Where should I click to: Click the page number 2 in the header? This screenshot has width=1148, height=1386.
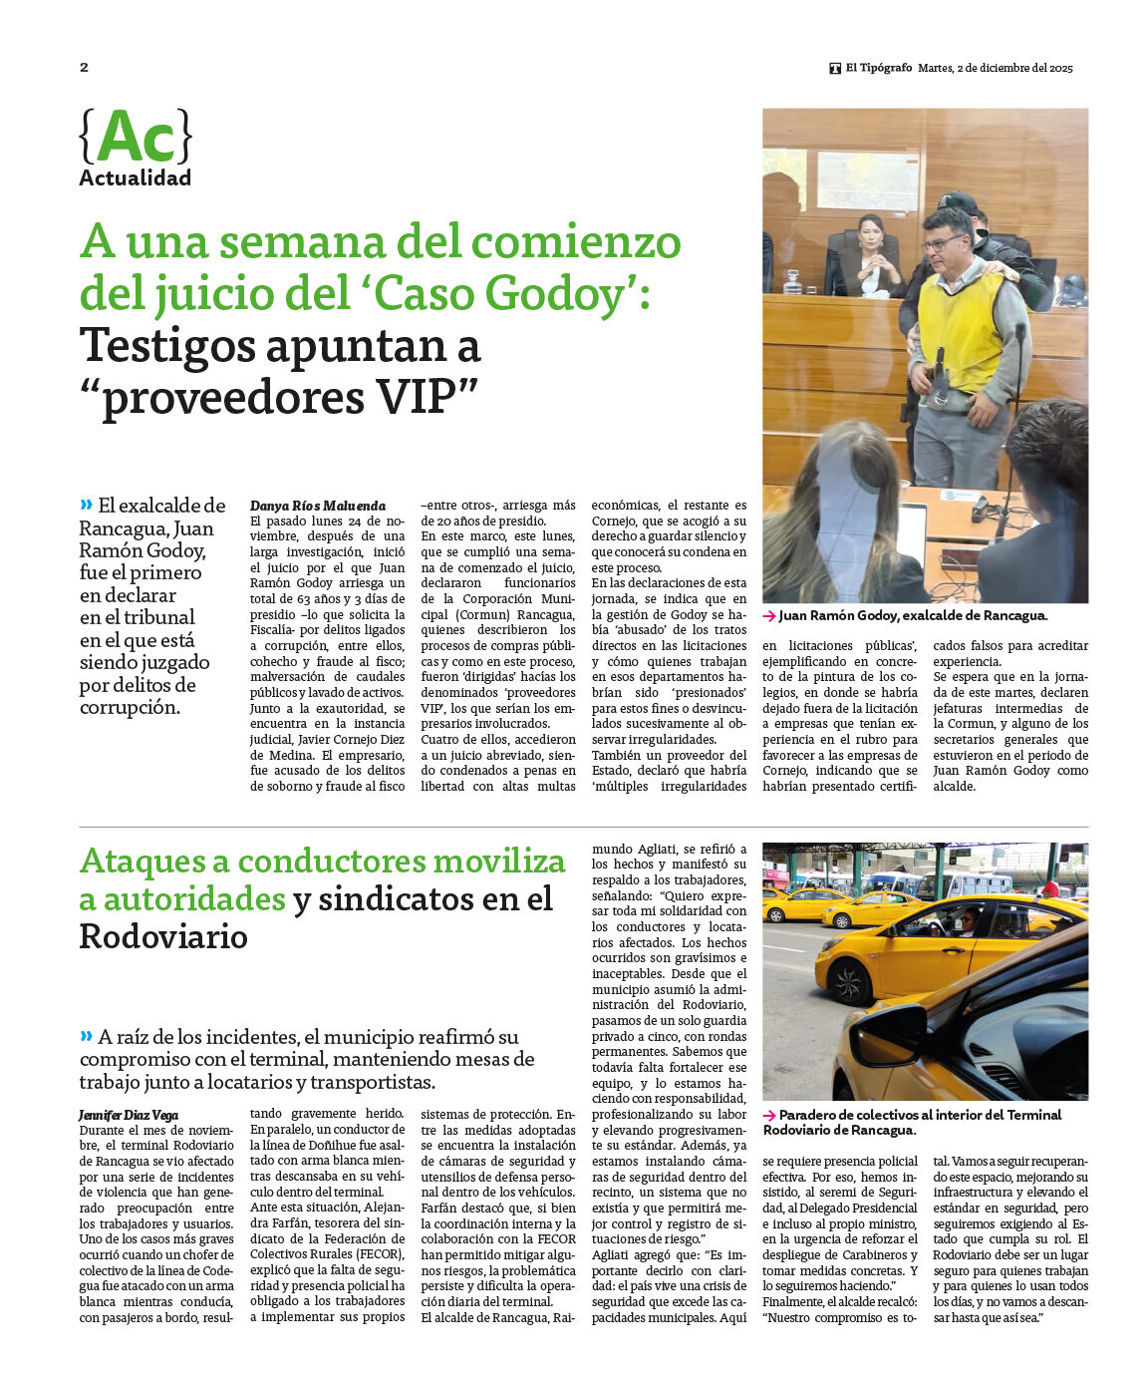pos(84,68)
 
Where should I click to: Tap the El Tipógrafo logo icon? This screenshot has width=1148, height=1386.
pos(835,69)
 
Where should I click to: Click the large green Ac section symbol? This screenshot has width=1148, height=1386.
pos(136,137)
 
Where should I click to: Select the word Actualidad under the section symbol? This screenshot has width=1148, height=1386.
pos(135,178)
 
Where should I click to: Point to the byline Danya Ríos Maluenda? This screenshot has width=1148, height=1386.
pos(317,506)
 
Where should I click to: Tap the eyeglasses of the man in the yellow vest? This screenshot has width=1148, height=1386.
pos(943,242)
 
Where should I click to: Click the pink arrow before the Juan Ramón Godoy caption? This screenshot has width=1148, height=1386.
pos(769,616)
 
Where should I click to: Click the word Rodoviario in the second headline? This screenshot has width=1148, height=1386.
pos(163,937)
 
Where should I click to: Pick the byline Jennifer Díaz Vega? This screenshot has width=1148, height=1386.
pos(129,1115)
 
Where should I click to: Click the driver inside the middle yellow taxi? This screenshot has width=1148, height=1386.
pos(966,922)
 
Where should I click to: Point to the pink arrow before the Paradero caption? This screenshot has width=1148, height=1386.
pos(769,1115)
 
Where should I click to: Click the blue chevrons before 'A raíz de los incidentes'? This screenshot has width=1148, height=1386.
pos(86,1035)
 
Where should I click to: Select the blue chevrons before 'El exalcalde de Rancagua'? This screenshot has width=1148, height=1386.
pos(86,504)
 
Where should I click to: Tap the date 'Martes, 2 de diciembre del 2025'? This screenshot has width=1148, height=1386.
pos(995,69)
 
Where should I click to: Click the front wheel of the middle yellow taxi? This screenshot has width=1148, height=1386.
pos(849,981)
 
